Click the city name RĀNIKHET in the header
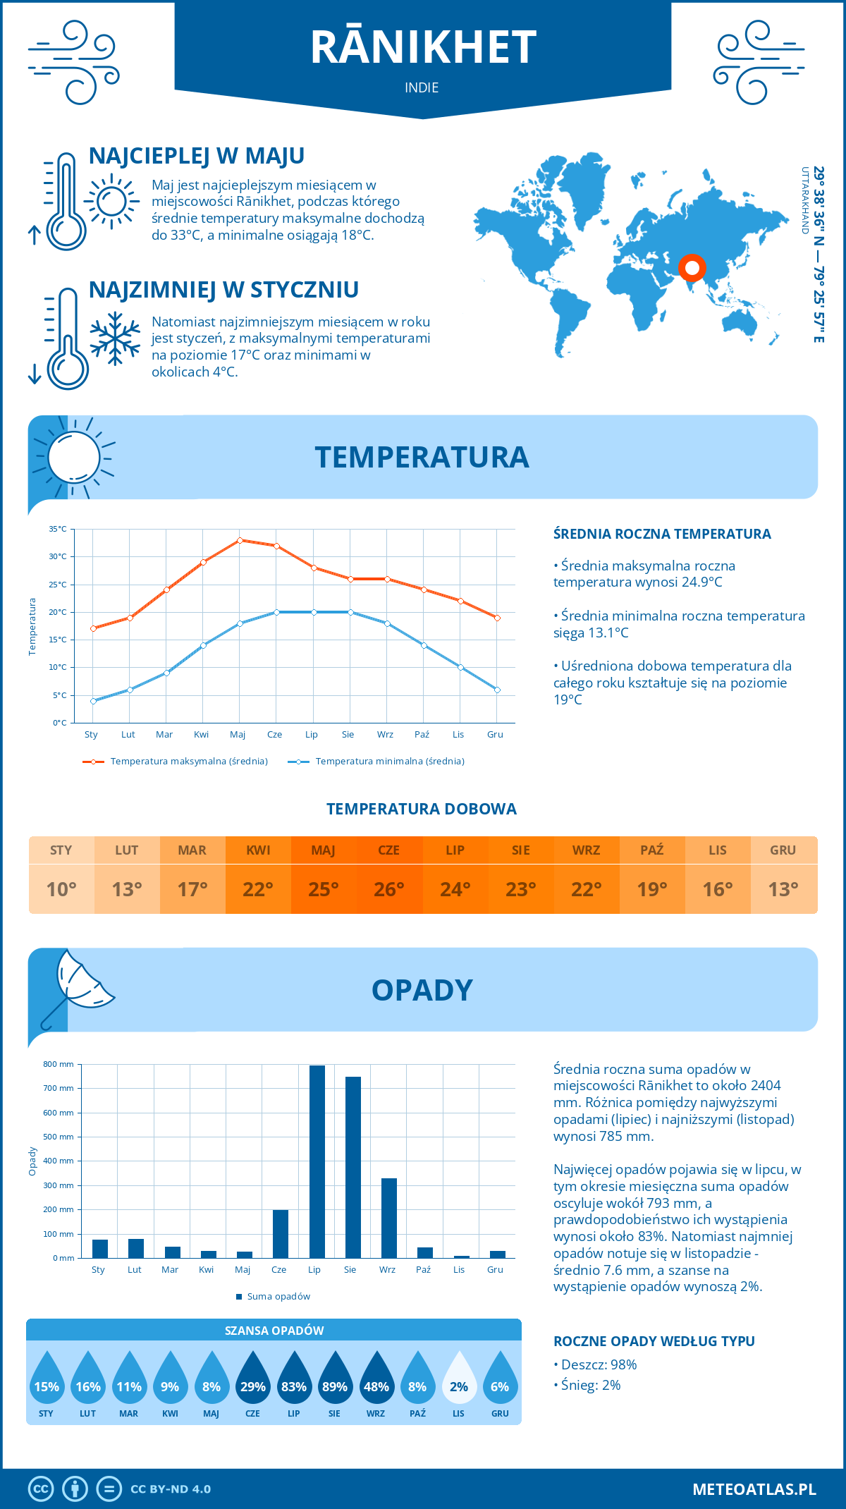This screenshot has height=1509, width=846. point(423,47)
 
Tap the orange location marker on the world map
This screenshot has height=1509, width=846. point(692,268)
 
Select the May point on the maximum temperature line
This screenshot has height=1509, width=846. point(240,540)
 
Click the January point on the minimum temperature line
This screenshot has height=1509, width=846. point(93,701)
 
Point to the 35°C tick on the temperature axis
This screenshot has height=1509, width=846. point(58,529)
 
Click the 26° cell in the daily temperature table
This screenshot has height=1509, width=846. point(389,889)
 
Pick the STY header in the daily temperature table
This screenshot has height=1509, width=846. point(61,850)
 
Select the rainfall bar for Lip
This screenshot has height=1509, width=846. point(317,1161)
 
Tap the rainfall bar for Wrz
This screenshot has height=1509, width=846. point(389,1218)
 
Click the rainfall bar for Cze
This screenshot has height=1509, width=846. point(281,1234)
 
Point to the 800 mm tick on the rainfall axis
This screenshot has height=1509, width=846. point(59,1064)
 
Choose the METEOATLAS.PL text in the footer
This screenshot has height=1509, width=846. point(754,1489)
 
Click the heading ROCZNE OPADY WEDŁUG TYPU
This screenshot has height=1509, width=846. point(654,1341)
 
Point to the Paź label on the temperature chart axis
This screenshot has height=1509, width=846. point(422,735)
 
